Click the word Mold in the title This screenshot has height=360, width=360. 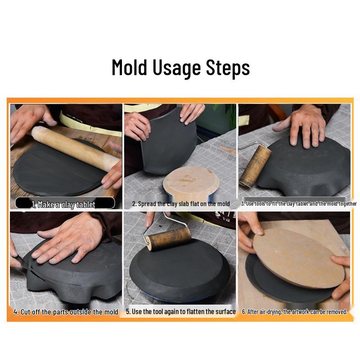tap(130, 67)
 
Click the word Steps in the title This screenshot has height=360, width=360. tap(228, 67)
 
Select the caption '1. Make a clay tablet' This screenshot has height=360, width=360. tap(64, 204)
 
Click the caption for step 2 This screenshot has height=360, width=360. tap(181, 204)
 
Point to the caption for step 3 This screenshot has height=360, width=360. tap(298, 204)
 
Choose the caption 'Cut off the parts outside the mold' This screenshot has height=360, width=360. tap(66, 312)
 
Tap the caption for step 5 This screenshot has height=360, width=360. tap(181, 311)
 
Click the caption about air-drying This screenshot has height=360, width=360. tap(295, 311)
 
